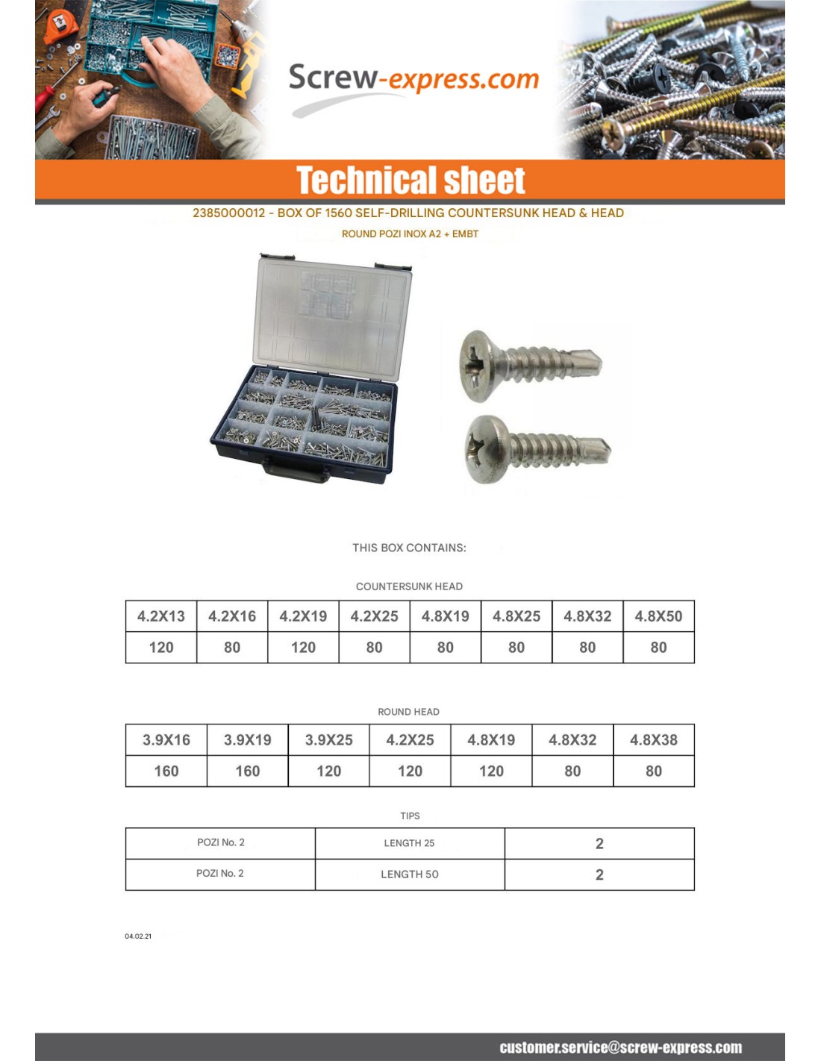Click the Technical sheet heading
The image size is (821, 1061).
[x=410, y=181]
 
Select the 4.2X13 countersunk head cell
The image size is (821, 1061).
[x=161, y=616]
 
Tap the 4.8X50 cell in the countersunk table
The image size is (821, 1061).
[x=658, y=616]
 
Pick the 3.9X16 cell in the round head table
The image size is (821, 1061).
[x=166, y=740]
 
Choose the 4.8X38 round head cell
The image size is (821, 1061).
[x=654, y=740]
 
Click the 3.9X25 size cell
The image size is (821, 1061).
[x=329, y=740]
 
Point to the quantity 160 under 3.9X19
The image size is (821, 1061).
[x=248, y=772]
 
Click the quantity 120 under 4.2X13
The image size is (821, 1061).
[x=161, y=648]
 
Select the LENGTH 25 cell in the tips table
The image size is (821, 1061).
[x=409, y=843]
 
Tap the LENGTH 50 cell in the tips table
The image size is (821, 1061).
[x=410, y=874]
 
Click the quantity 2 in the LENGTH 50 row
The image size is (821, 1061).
[x=599, y=874]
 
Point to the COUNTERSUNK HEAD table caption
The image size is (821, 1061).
[x=409, y=586]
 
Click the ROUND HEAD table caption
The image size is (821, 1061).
[x=408, y=712]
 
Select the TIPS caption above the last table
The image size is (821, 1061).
[x=410, y=816]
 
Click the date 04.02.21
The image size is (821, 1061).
[x=138, y=936]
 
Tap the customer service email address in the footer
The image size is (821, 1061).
[x=620, y=1048]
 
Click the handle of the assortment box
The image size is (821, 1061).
[x=295, y=469]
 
